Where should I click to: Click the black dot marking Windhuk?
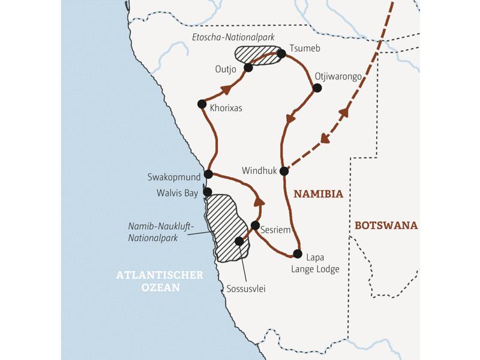click(284, 171)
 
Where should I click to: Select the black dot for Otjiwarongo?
click(317, 88)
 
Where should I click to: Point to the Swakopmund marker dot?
click(208, 174)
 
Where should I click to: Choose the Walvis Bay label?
click(177, 193)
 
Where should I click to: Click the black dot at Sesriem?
click(255, 226)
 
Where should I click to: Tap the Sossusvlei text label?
click(246, 289)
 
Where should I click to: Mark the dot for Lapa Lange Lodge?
click(297, 253)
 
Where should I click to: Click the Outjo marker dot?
click(248, 68)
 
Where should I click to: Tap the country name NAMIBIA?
click(319, 194)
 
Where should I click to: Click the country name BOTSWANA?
click(386, 226)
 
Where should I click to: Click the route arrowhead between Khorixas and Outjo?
click(226, 90)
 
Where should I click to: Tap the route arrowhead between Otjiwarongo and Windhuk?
click(290, 119)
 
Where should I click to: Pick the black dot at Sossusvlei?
click(239, 241)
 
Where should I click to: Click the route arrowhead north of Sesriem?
click(259, 201)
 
